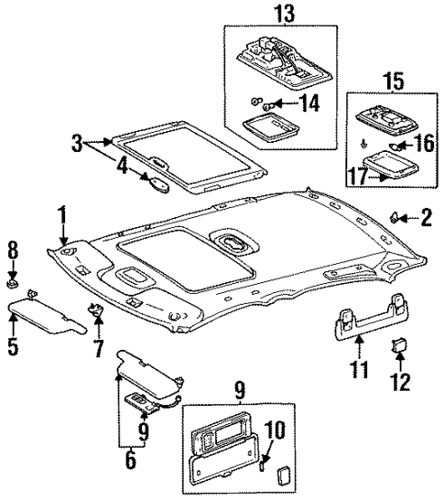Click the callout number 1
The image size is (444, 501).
[62, 215]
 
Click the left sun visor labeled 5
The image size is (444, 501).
[41, 319]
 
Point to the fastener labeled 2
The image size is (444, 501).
[398, 218]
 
